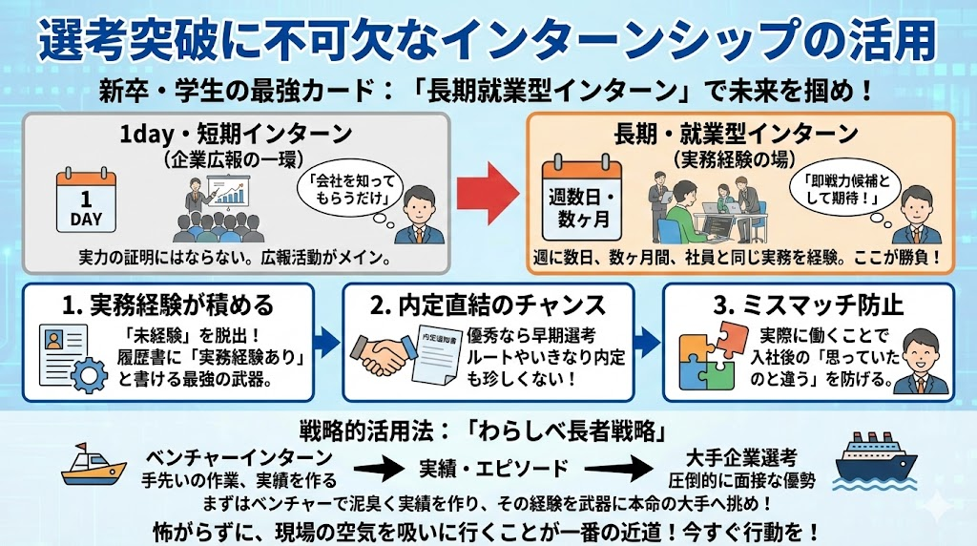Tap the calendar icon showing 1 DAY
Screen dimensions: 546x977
pos(85,202)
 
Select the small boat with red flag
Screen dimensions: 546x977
pos(94,466)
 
